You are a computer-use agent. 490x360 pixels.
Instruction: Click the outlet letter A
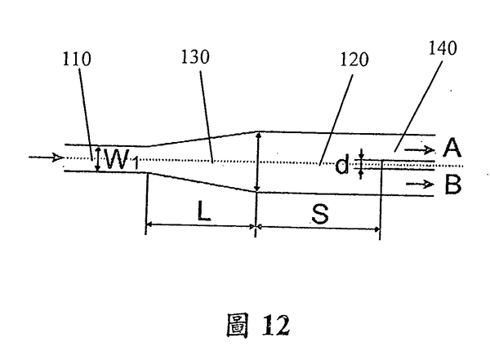pos(453,149)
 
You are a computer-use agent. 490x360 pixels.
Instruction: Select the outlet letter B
pos(453,184)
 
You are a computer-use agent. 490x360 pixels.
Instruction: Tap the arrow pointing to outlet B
pos(421,184)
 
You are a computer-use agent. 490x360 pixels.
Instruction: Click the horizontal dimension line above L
pos(200,227)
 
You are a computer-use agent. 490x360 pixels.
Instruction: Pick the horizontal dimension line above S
pos(319,227)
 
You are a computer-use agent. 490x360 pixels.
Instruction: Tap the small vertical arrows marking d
pos(360,165)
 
